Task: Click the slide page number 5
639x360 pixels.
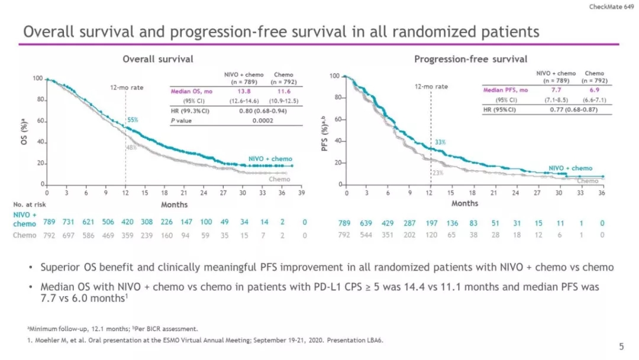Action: click(621, 346)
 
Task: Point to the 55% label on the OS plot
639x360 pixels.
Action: click(133, 120)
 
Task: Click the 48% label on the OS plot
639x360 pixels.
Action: click(131, 147)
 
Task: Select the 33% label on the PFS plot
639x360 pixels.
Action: click(440, 143)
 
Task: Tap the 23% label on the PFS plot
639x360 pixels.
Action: click(437, 173)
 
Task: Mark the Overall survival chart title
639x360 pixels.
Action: click(157, 59)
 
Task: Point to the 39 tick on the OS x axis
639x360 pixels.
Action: click(301, 193)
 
